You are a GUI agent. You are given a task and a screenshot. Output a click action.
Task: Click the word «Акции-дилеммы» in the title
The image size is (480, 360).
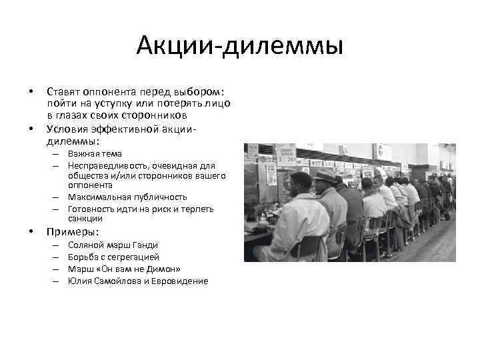(239, 47)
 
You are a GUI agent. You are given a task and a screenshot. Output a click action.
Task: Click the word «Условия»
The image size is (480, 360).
(67, 129)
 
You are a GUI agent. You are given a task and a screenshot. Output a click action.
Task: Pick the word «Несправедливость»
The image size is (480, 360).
(103, 165)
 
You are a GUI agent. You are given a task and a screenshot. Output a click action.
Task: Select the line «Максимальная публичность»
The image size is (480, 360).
(127, 197)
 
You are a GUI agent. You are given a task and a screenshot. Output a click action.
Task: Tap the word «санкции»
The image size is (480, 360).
(85, 219)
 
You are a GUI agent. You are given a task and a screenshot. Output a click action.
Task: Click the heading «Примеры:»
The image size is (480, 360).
(72, 232)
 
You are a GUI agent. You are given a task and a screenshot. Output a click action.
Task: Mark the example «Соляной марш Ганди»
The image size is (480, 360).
(113, 245)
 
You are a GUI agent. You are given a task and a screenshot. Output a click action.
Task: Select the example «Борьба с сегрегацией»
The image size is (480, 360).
(113, 257)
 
